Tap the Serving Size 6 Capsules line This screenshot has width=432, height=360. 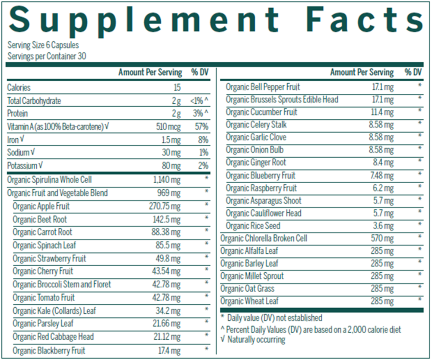43,45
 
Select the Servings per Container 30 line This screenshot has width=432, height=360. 47,56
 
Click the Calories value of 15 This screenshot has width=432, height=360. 177,88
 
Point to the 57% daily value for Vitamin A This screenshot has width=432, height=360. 201,127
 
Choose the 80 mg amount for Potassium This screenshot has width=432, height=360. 172,166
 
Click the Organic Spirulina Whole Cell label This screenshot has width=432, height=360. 50,180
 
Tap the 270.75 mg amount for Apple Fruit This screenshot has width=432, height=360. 165,206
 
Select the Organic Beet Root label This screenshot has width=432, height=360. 40,219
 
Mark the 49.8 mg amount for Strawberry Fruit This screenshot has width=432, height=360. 168,258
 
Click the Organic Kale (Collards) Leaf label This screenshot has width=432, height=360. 54,311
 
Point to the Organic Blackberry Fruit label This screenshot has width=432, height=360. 49,350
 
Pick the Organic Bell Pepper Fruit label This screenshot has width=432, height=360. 263,87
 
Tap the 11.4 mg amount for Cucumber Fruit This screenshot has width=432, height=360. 383,112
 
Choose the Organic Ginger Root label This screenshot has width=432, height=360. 256,162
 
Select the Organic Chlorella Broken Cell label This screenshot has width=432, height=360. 264,238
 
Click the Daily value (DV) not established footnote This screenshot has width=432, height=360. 271,318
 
